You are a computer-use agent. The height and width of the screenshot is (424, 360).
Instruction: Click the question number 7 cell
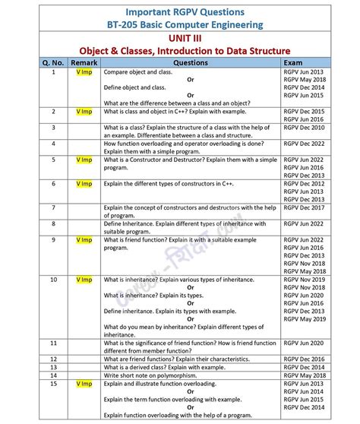(x=53, y=207)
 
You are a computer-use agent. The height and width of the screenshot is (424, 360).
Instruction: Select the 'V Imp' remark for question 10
(x=84, y=280)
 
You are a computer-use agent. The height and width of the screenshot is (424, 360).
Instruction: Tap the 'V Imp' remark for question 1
(x=84, y=72)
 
